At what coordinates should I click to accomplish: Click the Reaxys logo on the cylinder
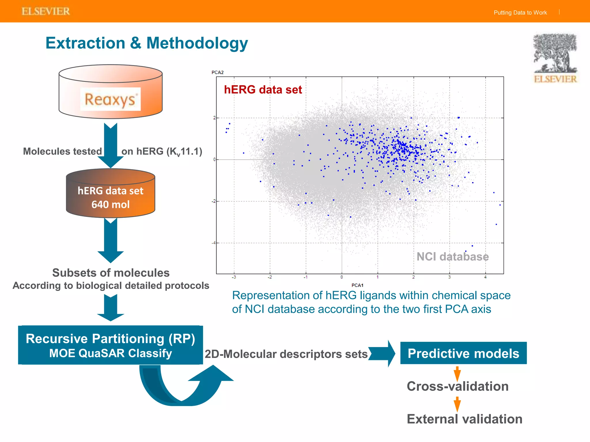click(110, 99)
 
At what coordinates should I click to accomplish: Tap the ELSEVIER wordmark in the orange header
click(46, 12)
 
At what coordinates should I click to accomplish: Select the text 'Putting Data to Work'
click(520, 13)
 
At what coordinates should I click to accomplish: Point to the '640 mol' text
click(110, 205)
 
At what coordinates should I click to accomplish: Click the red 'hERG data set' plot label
click(263, 90)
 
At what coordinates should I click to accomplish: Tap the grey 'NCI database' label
click(452, 257)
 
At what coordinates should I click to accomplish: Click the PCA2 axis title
click(218, 73)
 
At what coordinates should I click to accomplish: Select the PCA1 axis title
click(357, 285)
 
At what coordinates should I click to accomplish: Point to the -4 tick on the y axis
click(213, 243)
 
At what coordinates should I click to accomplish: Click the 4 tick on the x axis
click(485, 277)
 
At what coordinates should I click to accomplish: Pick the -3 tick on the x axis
click(234, 277)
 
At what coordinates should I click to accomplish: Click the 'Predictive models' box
click(463, 353)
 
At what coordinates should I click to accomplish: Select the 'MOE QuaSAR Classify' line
click(110, 353)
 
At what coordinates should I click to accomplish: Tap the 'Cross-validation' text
click(457, 386)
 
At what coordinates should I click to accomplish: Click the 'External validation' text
click(464, 419)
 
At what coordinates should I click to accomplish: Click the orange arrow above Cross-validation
click(457, 374)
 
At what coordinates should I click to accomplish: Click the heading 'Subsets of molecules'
click(111, 273)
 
